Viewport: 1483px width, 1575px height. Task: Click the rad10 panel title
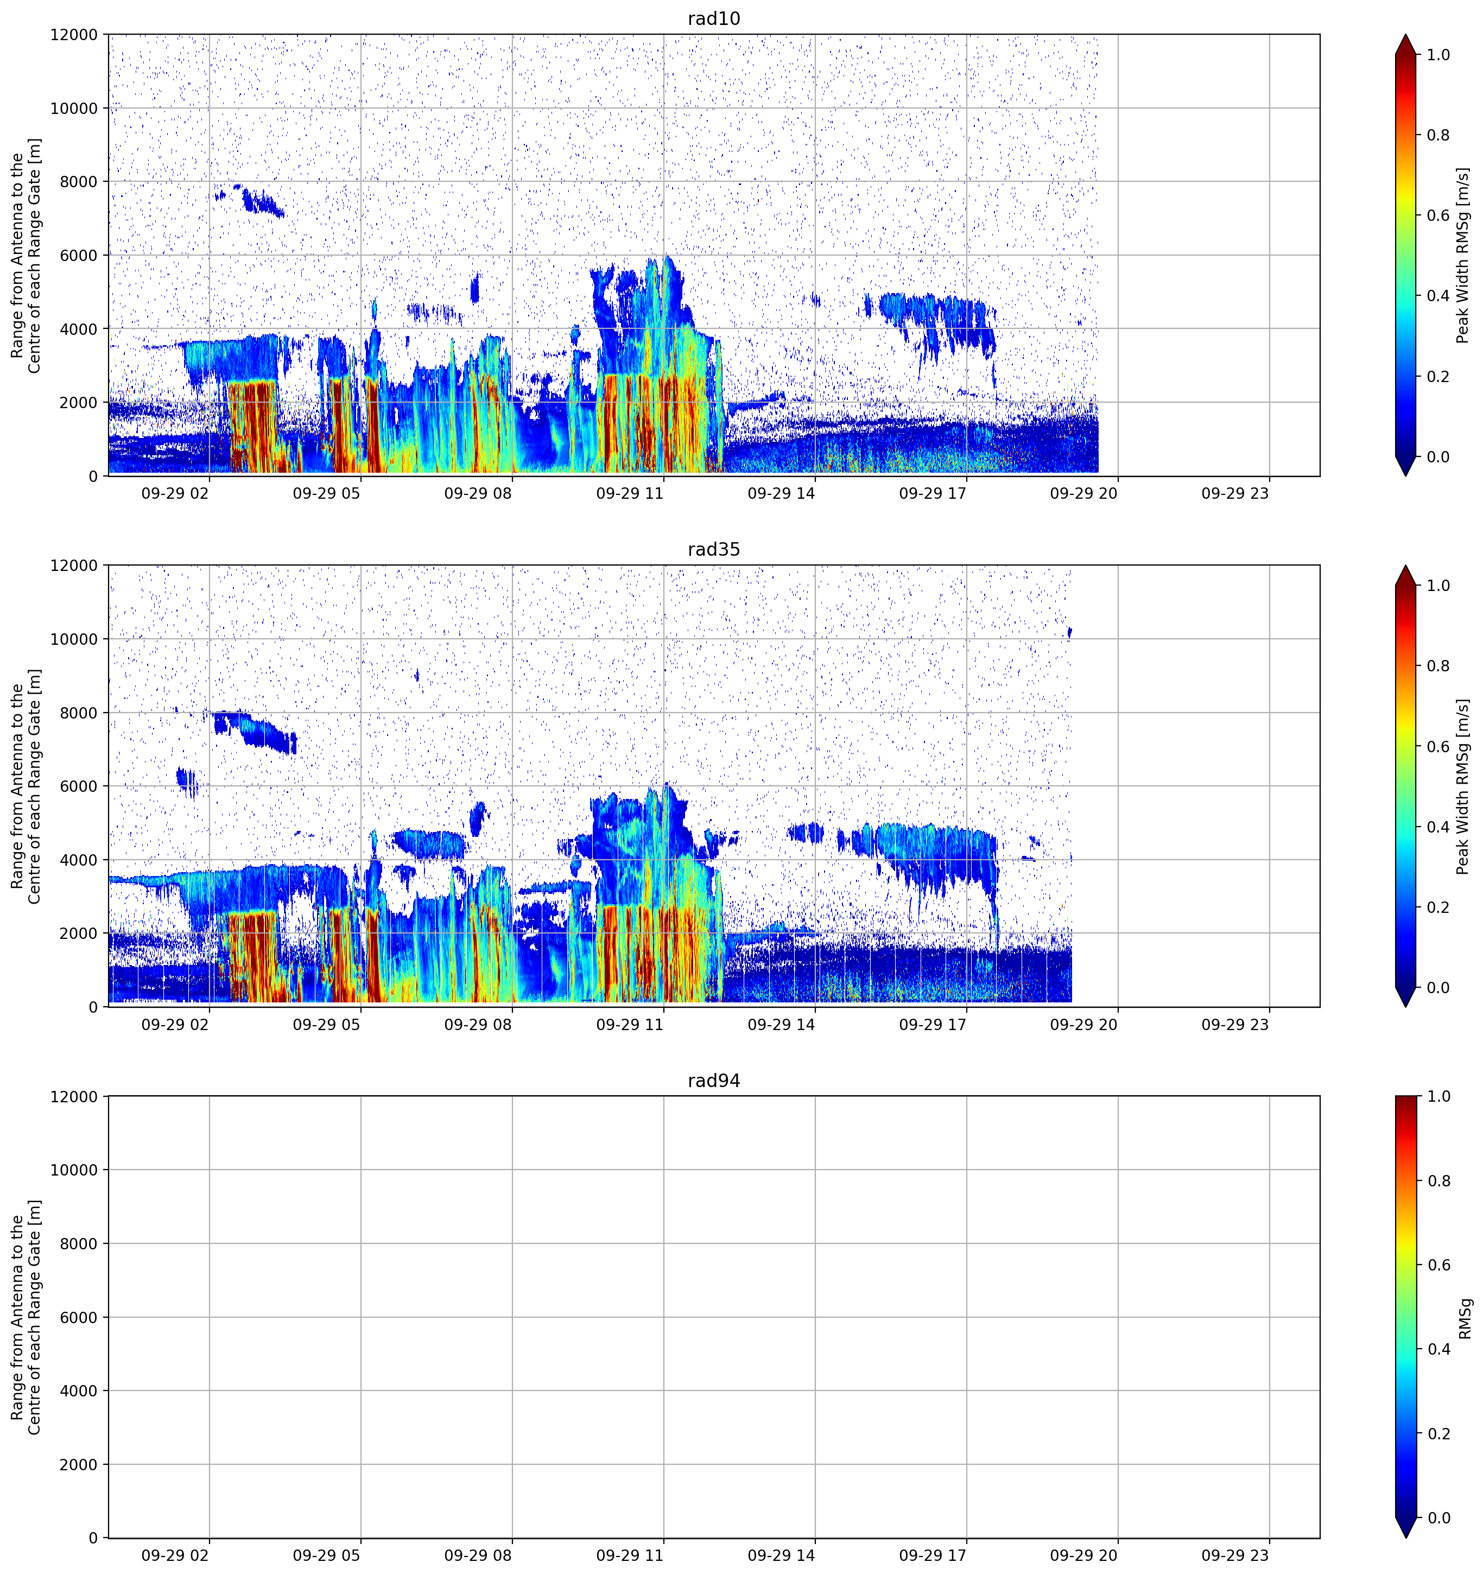(x=714, y=19)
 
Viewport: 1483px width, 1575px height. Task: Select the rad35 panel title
(x=714, y=550)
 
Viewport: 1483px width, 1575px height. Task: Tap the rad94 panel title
(x=714, y=1081)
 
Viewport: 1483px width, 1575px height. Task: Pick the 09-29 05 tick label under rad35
(x=326, y=1024)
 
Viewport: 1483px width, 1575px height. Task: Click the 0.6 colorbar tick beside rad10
(x=1438, y=215)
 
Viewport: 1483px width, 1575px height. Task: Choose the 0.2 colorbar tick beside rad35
(x=1438, y=907)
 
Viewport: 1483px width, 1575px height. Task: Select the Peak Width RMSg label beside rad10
(x=1463, y=255)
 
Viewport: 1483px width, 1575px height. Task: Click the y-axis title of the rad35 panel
(x=26, y=786)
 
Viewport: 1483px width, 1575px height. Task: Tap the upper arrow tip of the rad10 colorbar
(x=1406, y=35)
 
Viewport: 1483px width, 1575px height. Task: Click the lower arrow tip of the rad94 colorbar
(x=1406, y=1537)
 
